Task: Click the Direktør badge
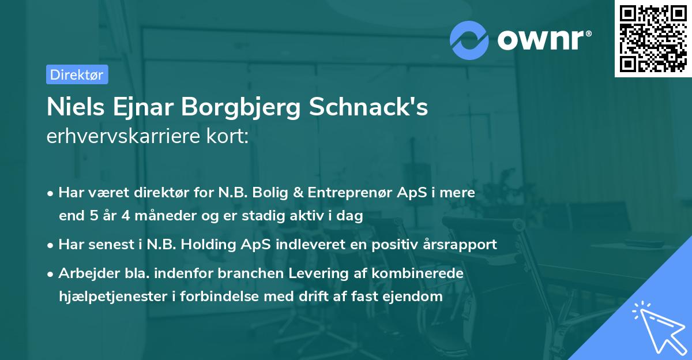77,74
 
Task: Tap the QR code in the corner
653,39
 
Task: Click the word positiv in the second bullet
393,245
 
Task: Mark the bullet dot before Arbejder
51,273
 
